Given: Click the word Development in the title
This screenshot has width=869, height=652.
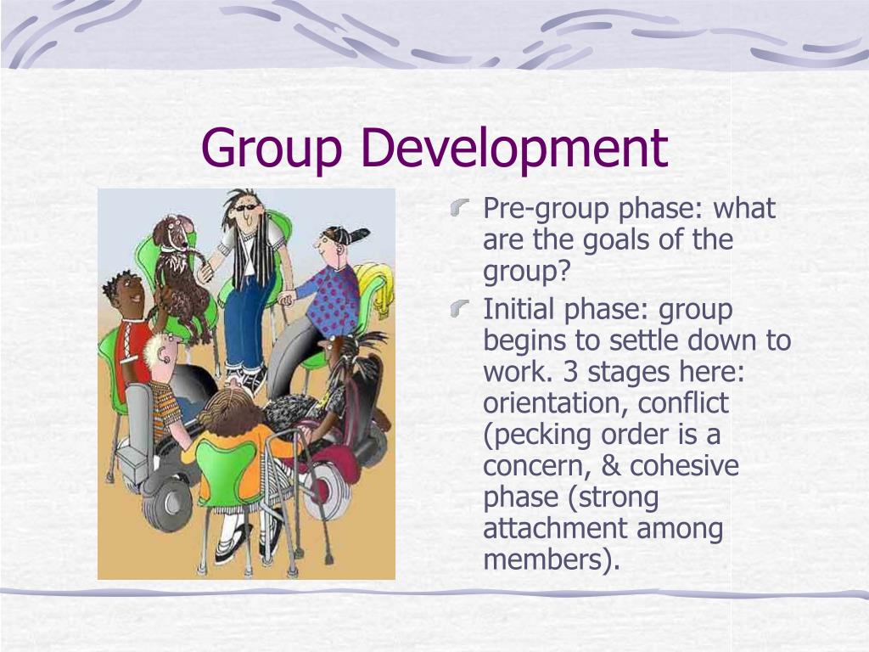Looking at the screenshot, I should [x=513, y=148].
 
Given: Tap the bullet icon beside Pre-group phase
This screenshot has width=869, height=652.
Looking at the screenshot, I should [x=460, y=205].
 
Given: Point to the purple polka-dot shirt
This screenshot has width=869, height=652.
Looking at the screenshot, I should [x=334, y=298].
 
